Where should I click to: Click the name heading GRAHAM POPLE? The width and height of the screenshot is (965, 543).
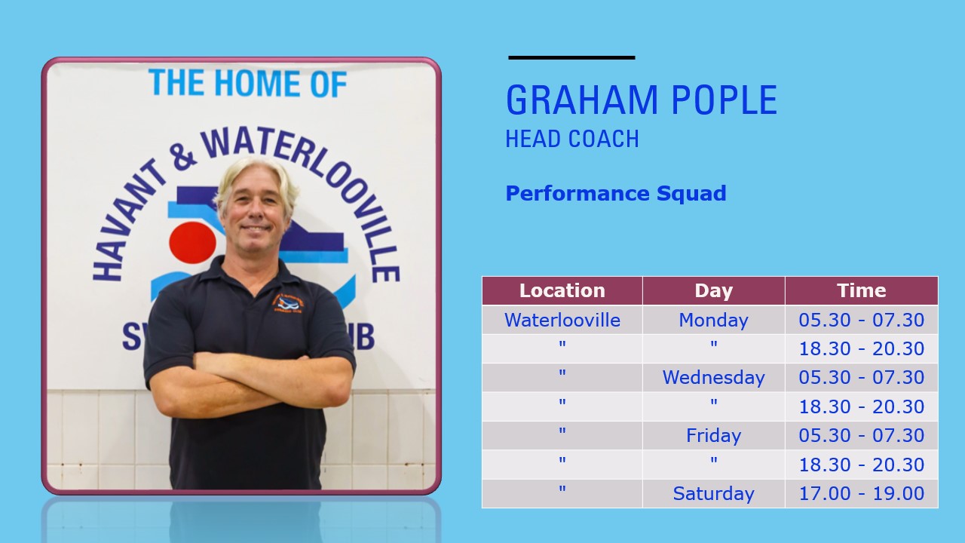click(x=642, y=100)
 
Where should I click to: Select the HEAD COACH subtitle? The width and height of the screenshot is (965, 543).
click(x=572, y=139)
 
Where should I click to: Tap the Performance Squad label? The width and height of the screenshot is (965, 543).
click(x=616, y=193)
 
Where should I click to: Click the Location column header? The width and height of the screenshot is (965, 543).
click(x=562, y=290)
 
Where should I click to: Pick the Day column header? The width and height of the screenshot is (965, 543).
click(x=713, y=291)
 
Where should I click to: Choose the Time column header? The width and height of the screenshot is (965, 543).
click(x=861, y=290)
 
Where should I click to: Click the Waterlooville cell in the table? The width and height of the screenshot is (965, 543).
click(x=562, y=320)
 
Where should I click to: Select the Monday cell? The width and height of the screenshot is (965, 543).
click(x=713, y=321)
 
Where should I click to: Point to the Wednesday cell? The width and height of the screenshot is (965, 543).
click(x=713, y=378)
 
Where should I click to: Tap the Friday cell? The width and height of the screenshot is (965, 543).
click(x=713, y=435)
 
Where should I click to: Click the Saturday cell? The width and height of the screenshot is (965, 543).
click(x=713, y=493)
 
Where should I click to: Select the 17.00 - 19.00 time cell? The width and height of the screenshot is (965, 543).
click(x=861, y=493)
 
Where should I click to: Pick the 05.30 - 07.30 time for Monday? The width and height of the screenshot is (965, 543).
click(x=861, y=320)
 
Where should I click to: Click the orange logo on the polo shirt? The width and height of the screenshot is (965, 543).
click(x=288, y=303)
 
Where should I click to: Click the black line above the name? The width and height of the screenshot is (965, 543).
click(x=571, y=57)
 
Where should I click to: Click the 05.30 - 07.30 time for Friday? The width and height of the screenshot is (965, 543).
click(x=861, y=435)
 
